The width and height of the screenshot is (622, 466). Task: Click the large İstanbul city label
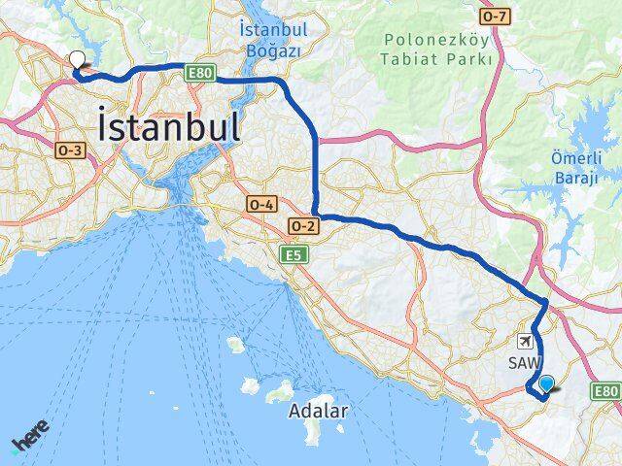(x=168, y=127)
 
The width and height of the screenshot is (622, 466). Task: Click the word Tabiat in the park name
(x=410, y=58)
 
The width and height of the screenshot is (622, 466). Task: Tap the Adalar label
(x=318, y=411)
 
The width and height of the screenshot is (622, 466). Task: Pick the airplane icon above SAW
(x=526, y=342)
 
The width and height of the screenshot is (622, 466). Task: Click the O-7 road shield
(x=495, y=17)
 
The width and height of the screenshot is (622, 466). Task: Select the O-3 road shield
(x=71, y=150)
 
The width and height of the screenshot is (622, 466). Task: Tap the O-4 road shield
(x=262, y=205)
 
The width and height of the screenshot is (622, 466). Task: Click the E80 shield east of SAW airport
(x=605, y=391)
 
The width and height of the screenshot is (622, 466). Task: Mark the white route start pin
(x=76, y=59)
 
